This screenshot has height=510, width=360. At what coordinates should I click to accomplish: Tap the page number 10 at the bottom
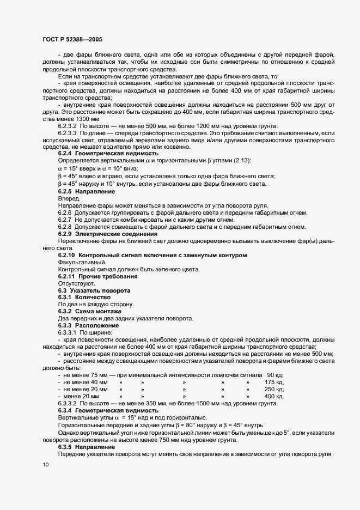click(x=45, y=465)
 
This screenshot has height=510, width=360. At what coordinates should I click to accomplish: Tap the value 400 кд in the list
click(x=274, y=396)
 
